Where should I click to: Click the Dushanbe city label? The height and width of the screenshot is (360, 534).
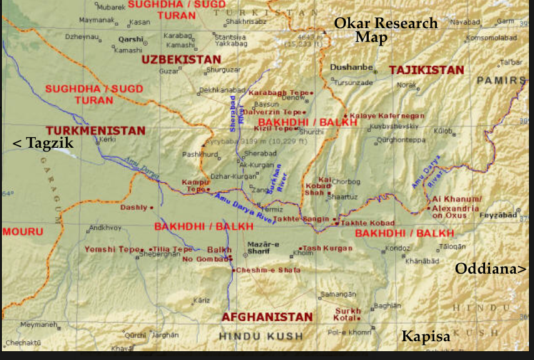click(x=352, y=68)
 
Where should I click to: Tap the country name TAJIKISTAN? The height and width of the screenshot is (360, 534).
click(x=426, y=70)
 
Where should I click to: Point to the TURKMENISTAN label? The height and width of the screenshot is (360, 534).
click(x=96, y=131)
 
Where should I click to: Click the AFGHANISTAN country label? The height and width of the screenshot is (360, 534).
click(x=267, y=317)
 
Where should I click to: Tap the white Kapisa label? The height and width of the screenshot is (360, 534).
click(x=426, y=337)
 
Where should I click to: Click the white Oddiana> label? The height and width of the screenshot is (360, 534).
click(x=490, y=269)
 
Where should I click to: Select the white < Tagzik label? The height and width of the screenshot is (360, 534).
click(x=43, y=143)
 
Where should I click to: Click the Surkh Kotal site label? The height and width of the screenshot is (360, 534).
click(x=348, y=314)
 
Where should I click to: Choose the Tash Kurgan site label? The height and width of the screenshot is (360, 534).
click(x=327, y=248)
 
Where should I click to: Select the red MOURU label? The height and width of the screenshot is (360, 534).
click(x=23, y=232)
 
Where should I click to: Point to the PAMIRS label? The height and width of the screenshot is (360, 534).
click(x=501, y=80)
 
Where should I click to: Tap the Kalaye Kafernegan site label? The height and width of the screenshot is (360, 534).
click(x=387, y=116)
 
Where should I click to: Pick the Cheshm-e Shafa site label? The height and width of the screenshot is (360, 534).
click(x=260, y=270)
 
